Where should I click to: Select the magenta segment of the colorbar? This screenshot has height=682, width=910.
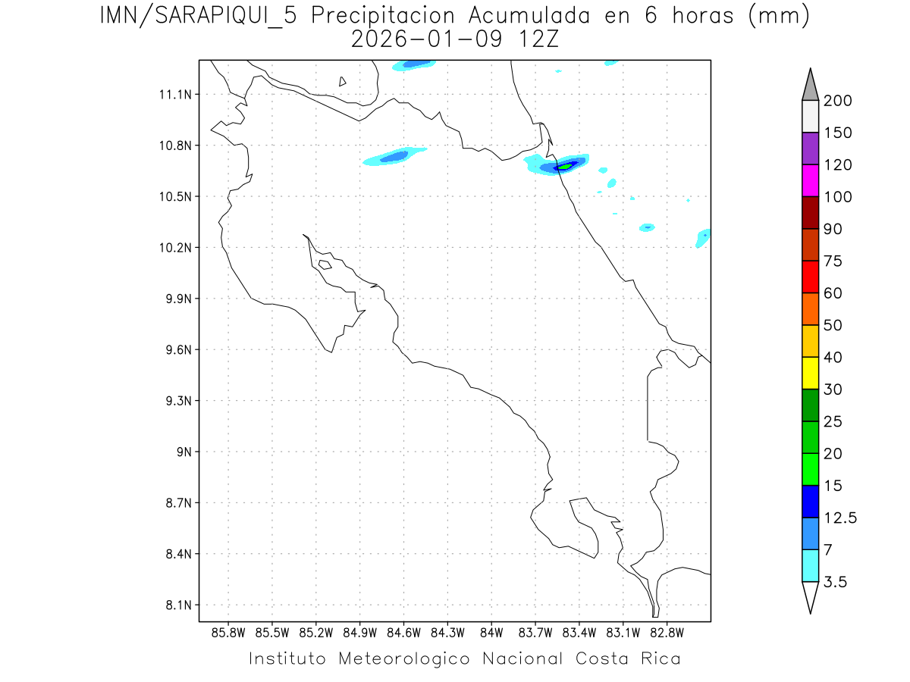(x=810, y=180)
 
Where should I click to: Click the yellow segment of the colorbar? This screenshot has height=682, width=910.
(x=810, y=373)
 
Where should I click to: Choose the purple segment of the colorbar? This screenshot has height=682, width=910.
(x=810, y=149)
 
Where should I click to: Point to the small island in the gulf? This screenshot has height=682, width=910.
(x=325, y=264)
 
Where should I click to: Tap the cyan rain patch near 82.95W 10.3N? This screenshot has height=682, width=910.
(x=647, y=227)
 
